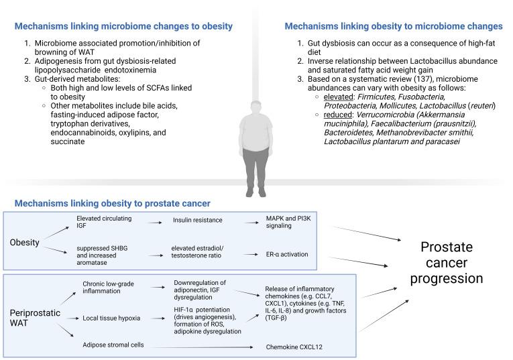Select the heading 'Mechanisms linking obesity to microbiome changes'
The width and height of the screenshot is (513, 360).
(394, 26)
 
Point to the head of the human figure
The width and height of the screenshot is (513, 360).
(255, 108)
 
